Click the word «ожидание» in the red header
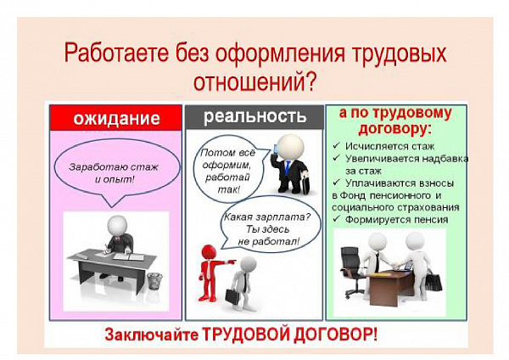(116, 118)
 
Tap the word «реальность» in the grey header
(255, 117)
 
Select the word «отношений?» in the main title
(255, 82)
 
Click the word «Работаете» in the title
(116, 53)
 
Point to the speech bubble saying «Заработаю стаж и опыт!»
(117, 172)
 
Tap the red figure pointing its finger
(211, 272)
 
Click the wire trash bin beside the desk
(154, 281)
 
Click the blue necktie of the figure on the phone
(288, 167)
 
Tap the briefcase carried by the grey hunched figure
(232, 295)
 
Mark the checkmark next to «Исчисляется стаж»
(336, 146)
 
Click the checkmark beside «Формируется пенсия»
(336, 219)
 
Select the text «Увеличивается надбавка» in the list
(406, 159)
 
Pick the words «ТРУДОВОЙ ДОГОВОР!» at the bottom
(290, 335)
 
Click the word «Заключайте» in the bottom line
(151, 335)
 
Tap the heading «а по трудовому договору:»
(395, 121)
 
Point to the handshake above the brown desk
(397, 265)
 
